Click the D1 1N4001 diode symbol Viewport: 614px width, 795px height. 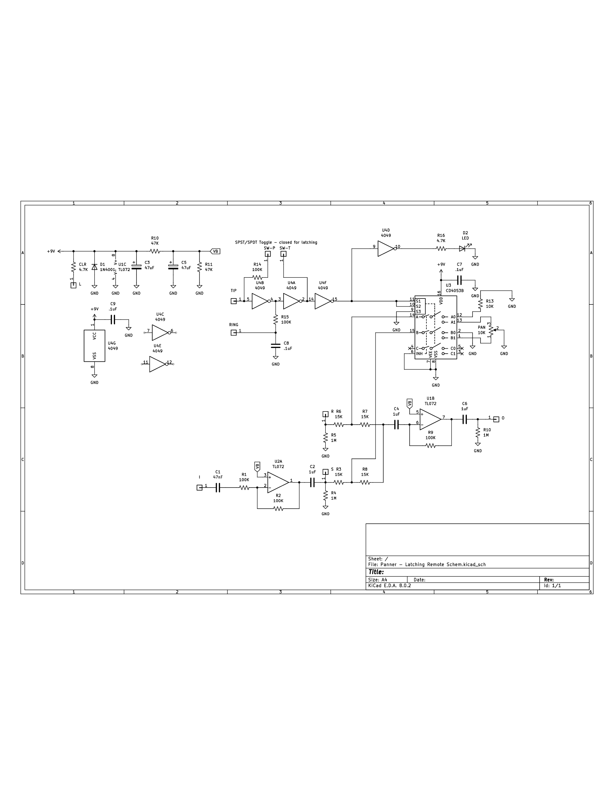[94, 267]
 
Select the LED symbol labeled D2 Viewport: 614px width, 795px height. [462, 249]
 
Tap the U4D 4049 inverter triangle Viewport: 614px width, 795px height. [386, 249]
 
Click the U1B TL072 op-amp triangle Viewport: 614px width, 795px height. [430, 419]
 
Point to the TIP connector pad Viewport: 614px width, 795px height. [233, 301]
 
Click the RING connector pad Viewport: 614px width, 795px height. [233, 333]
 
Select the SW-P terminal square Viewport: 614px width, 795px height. [268, 254]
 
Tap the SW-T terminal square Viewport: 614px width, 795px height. [283, 254]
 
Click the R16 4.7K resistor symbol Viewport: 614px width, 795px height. [441, 249]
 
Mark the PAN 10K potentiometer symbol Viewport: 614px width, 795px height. [491, 330]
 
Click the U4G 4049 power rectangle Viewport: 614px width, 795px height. [94, 346]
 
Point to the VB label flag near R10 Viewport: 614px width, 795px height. [215, 251]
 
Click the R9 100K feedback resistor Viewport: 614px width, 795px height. [430, 446]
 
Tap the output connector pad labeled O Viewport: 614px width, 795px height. [496, 419]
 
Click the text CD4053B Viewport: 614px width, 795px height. [455, 291]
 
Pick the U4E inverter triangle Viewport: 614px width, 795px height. [158, 364]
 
